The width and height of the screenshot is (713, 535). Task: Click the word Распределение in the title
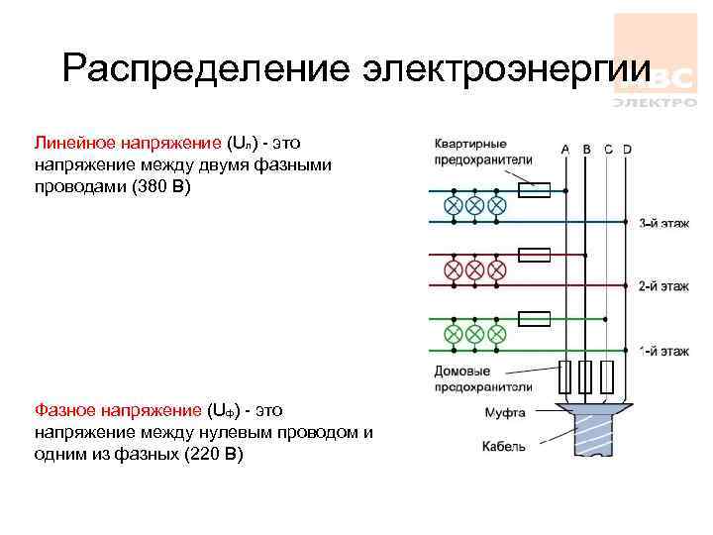point(204,69)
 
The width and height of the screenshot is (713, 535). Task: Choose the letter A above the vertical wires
point(565,150)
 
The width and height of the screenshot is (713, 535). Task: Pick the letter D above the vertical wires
point(627,150)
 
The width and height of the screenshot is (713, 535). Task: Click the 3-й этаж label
point(661,223)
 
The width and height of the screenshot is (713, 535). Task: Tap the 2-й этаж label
point(661,286)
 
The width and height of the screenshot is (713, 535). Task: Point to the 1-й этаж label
point(661,350)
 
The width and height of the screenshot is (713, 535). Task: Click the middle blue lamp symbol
point(474,205)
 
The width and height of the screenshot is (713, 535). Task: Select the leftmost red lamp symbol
point(453,268)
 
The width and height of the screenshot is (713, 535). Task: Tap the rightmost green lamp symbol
point(497,332)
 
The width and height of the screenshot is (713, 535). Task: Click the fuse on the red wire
point(534,255)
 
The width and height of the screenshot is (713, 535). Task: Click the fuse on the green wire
point(534,318)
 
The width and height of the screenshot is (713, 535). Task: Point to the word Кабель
point(504,447)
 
